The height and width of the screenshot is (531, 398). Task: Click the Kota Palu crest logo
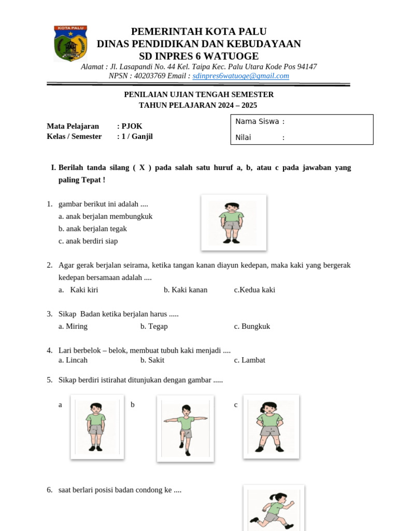[x=70, y=44]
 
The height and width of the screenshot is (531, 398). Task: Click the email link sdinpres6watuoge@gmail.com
[x=240, y=76]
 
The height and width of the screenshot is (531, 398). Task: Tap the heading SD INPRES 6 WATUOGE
[x=198, y=56]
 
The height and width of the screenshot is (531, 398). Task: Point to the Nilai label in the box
[x=243, y=137]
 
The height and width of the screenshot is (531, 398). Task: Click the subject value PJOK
[x=132, y=126]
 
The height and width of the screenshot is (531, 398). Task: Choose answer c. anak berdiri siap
[x=88, y=241]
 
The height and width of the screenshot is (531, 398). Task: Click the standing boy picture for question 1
[x=233, y=222]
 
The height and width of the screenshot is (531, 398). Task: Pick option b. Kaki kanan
[x=186, y=290]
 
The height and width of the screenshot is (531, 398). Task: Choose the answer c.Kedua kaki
[x=254, y=290]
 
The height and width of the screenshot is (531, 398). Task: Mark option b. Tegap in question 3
[x=154, y=326]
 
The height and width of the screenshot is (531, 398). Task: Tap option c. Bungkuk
[x=252, y=326]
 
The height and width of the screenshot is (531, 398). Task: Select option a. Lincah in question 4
[x=73, y=360]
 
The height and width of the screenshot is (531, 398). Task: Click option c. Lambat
[x=249, y=360]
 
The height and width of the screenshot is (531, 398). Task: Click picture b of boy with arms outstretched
[x=185, y=428]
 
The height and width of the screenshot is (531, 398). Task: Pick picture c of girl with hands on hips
[x=271, y=426]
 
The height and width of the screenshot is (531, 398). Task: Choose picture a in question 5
[x=97, y=427]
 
